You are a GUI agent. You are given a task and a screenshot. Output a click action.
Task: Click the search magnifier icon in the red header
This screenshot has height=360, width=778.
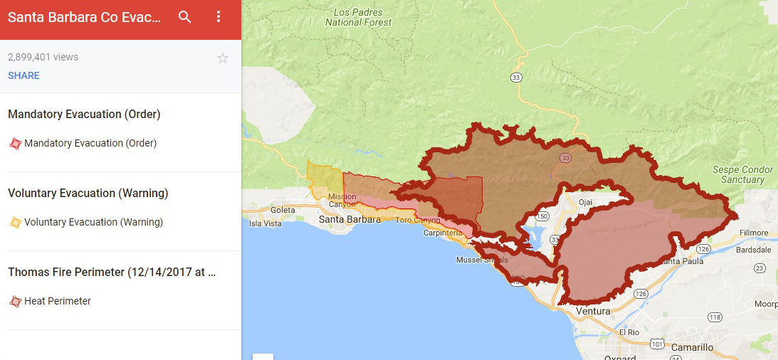[x=185, y=17]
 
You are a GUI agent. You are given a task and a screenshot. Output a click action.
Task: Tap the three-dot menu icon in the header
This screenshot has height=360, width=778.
[x=219, y=17]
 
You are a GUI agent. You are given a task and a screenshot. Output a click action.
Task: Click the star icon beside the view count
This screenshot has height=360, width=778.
[x=223, y=58]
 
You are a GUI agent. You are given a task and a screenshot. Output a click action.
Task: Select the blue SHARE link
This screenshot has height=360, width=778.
[x=23, y=75]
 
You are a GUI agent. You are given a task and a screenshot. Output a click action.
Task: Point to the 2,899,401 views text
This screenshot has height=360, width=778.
[x=43, y=57]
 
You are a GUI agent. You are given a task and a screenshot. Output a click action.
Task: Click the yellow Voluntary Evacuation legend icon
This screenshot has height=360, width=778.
[x=15, y=222]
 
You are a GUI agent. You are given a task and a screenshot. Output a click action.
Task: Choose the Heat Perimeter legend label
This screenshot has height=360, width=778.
[x=57, y=301]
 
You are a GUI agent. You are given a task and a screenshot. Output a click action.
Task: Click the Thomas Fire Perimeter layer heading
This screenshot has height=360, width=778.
[x=111, y=272]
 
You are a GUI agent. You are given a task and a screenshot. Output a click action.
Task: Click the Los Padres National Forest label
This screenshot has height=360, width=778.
[x=358, y=17]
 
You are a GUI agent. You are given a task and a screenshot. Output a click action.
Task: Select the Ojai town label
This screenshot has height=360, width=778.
[x=585, y=202]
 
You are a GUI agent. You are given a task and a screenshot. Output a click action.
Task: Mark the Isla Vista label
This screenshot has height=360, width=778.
[x=266, y=223]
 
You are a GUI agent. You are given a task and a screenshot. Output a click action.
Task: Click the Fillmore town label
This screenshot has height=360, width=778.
[x=753, y=233]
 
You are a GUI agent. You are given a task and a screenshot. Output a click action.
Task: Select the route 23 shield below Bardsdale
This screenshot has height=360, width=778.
[x=759, y=268]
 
